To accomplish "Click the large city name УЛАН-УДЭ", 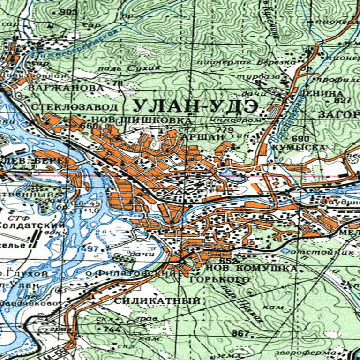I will point(194,106).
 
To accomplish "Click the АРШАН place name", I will point(203,136).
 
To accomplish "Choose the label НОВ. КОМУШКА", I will point(251,269).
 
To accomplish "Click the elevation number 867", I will point(240,334).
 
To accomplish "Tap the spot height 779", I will point(225,129).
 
